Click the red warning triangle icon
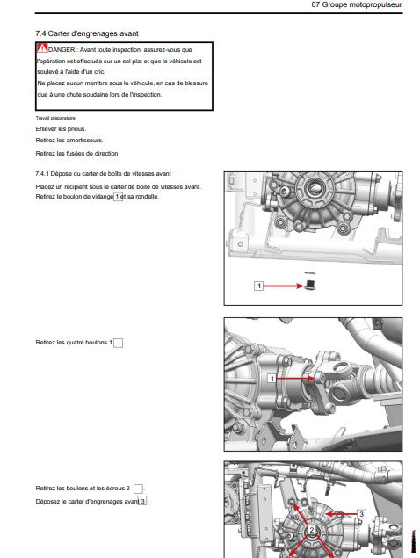42,48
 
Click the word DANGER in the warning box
62,50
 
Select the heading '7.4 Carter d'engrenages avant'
87,33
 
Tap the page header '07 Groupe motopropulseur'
357,4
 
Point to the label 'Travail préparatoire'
55,118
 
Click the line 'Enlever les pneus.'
61,129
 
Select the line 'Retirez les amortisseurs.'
69,141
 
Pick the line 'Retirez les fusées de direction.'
77,154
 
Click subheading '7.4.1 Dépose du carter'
103,174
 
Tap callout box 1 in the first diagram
258,286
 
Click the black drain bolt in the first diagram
311,285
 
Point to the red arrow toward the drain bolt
284,286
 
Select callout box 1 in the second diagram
272,379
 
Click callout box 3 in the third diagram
361,514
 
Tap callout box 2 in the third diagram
311,530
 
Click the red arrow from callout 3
341,514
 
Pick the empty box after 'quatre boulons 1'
119,343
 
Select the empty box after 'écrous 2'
138,489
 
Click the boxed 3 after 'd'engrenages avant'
142,501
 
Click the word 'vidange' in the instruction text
102,197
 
